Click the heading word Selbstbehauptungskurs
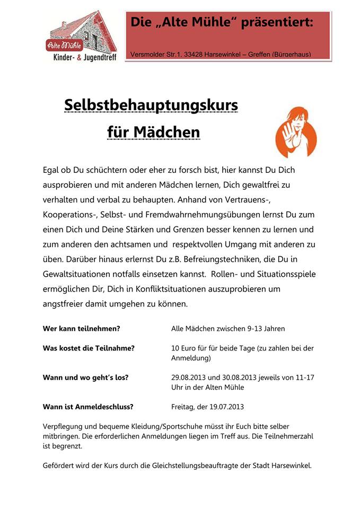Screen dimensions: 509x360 coord(151,105)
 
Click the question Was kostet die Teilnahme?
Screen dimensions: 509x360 coord(89,348)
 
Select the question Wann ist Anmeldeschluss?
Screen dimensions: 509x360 coord(88,407)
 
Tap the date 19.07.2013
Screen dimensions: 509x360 coord(225,407)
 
